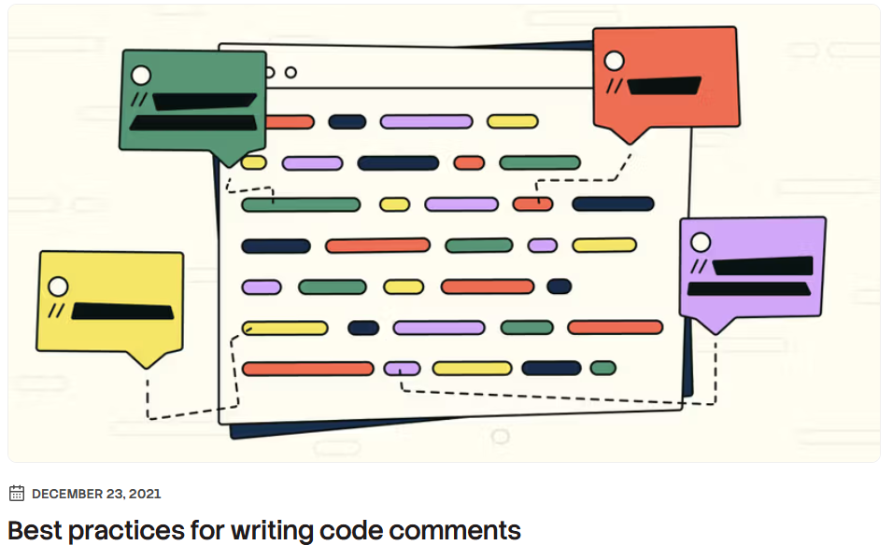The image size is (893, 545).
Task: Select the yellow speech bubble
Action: (x=110, y=300)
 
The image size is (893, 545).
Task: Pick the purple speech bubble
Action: (x=752, y=269)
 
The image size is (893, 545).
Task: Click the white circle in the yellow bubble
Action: (x=58, y=286)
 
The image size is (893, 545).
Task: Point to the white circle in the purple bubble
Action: (x=700, y=244)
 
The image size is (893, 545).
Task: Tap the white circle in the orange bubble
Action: (x=614, y=61)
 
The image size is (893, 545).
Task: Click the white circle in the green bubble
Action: (x=141, y=76)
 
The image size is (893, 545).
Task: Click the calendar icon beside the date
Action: (x=17, y=494)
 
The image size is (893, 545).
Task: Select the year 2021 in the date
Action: (x=144, y=494)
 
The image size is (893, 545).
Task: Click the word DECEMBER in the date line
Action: (x=69, y=494)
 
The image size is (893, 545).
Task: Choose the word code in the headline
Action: (x=356, y=530)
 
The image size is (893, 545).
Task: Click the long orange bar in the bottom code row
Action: (x=307, y=369)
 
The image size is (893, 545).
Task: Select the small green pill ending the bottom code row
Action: (x=602, y=369)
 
